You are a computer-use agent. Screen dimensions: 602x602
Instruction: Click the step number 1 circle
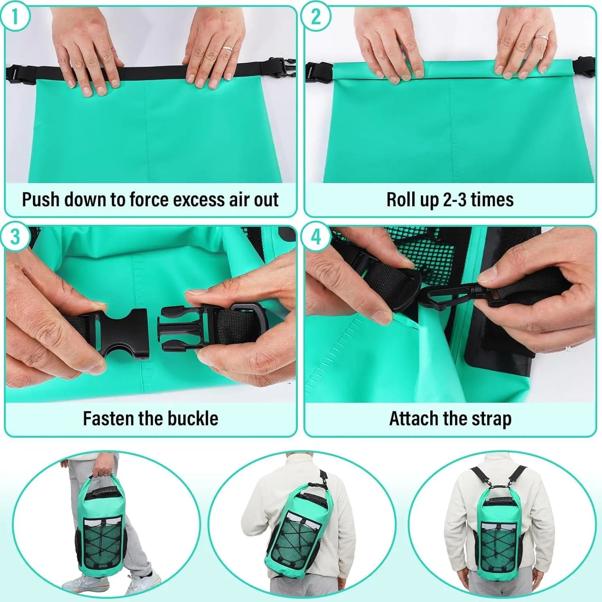[15, 17]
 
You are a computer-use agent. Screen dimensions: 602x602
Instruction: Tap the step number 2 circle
[316, 17]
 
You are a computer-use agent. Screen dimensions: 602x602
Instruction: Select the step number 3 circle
[15, 237]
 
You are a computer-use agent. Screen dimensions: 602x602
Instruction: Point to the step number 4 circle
[316, 237]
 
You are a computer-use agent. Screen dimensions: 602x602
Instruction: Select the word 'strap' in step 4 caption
[492, 419]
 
